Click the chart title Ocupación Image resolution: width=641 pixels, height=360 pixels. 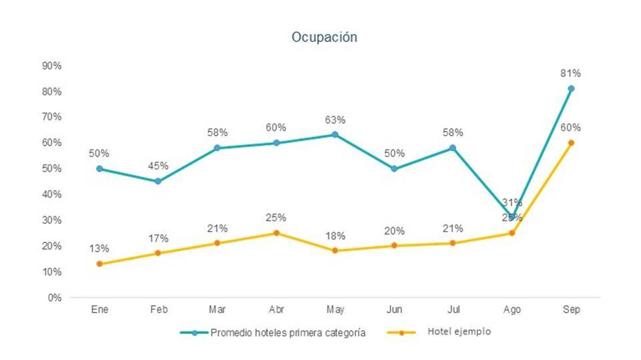point(324,37)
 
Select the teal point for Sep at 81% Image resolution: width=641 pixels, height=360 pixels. point(571,89)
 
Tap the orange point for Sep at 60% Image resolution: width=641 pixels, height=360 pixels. point(571,143)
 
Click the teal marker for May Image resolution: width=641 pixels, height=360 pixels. point(335,135)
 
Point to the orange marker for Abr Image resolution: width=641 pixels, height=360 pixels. point(276,233)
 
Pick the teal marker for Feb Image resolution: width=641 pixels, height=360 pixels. point(158,181)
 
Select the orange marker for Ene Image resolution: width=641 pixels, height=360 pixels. point(99,264)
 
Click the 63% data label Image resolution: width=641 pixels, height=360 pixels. point(335,120)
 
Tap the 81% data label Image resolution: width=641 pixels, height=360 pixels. point(571,73)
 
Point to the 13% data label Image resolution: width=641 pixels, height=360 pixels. point(99,248)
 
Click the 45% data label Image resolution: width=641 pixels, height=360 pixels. point(158,166)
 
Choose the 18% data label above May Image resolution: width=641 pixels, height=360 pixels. point(335,236)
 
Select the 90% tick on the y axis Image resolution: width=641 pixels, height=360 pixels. point(52,65)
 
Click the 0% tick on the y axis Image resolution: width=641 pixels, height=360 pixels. point(54,298)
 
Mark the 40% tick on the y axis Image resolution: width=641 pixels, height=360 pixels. point(52,194)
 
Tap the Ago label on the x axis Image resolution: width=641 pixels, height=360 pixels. point(512,310)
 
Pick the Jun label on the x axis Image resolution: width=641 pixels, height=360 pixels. point(394,310)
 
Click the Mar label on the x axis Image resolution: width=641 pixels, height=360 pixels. point(217,310)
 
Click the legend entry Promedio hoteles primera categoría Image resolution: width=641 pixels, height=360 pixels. point(288,333)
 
